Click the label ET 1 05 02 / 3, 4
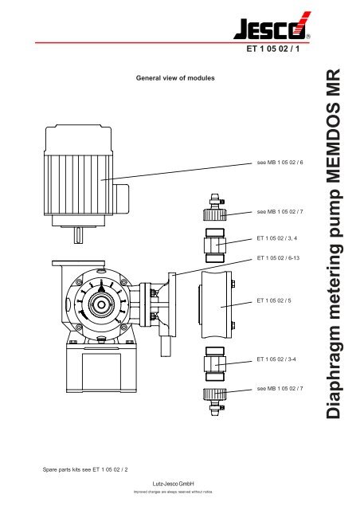click(283, 237)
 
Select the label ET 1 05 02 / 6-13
click(284, 258)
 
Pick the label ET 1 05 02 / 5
click(279, 300)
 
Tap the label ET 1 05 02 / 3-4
click(281, 360)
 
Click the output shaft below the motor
click(80, 234)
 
